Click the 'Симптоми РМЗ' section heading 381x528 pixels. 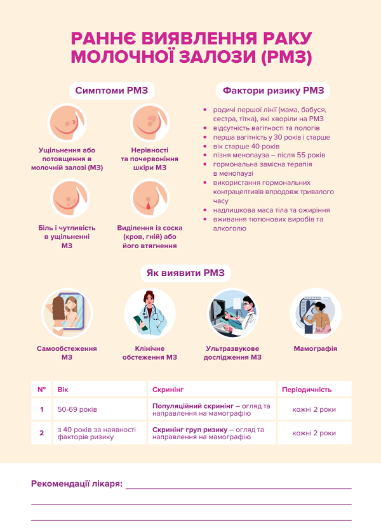point(112,91)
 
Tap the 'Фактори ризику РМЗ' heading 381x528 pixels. point(273,91)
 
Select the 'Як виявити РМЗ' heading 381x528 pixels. point(185,273)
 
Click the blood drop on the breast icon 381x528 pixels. point(147,206)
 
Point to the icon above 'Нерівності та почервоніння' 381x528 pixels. point(150,122)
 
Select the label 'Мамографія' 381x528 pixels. point(316,348)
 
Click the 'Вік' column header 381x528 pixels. point(63,390)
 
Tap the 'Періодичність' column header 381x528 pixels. point(307,390)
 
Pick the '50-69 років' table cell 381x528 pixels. point(77,409)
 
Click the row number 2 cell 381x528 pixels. point(41,433)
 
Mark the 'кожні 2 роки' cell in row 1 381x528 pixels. point(314,409)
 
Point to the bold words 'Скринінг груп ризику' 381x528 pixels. point(190,430)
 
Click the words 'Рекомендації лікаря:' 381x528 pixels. point(77,484)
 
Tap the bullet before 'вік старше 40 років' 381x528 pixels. point(205,147)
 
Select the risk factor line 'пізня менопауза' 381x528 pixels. point(269,155)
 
